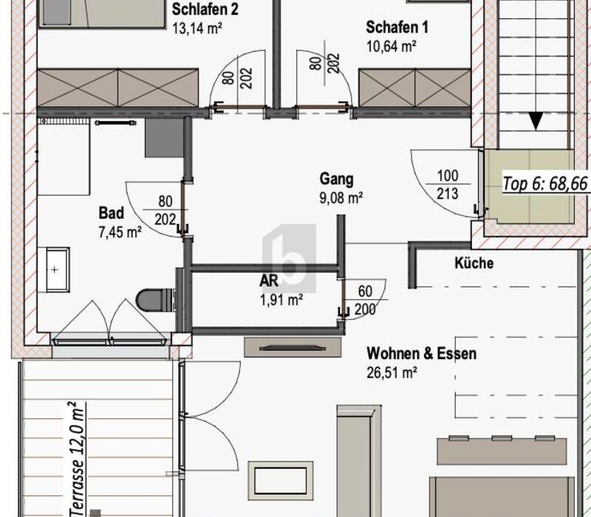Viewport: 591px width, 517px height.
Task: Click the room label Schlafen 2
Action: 205,10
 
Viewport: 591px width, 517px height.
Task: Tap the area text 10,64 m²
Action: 392,47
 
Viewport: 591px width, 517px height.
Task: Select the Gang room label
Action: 337,179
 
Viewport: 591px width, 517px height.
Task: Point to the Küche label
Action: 474,263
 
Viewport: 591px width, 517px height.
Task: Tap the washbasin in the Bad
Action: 54,270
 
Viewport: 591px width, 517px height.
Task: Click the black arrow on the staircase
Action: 536,121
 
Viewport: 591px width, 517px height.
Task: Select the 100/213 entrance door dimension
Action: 448,185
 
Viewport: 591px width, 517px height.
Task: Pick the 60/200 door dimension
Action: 365,301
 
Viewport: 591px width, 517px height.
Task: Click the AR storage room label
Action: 269,281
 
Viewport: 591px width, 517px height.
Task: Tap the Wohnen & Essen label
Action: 421,354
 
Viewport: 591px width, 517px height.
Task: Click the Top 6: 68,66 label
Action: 545,184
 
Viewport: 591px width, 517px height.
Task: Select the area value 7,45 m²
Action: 120,232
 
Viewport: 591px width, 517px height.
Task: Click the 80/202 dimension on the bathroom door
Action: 165,210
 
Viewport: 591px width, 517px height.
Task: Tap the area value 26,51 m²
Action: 392,373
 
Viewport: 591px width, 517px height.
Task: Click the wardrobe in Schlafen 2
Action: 117,88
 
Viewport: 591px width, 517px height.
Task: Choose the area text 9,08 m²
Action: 341,198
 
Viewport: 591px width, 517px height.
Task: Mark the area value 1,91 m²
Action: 281,301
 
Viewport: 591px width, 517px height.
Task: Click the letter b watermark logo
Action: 289,258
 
